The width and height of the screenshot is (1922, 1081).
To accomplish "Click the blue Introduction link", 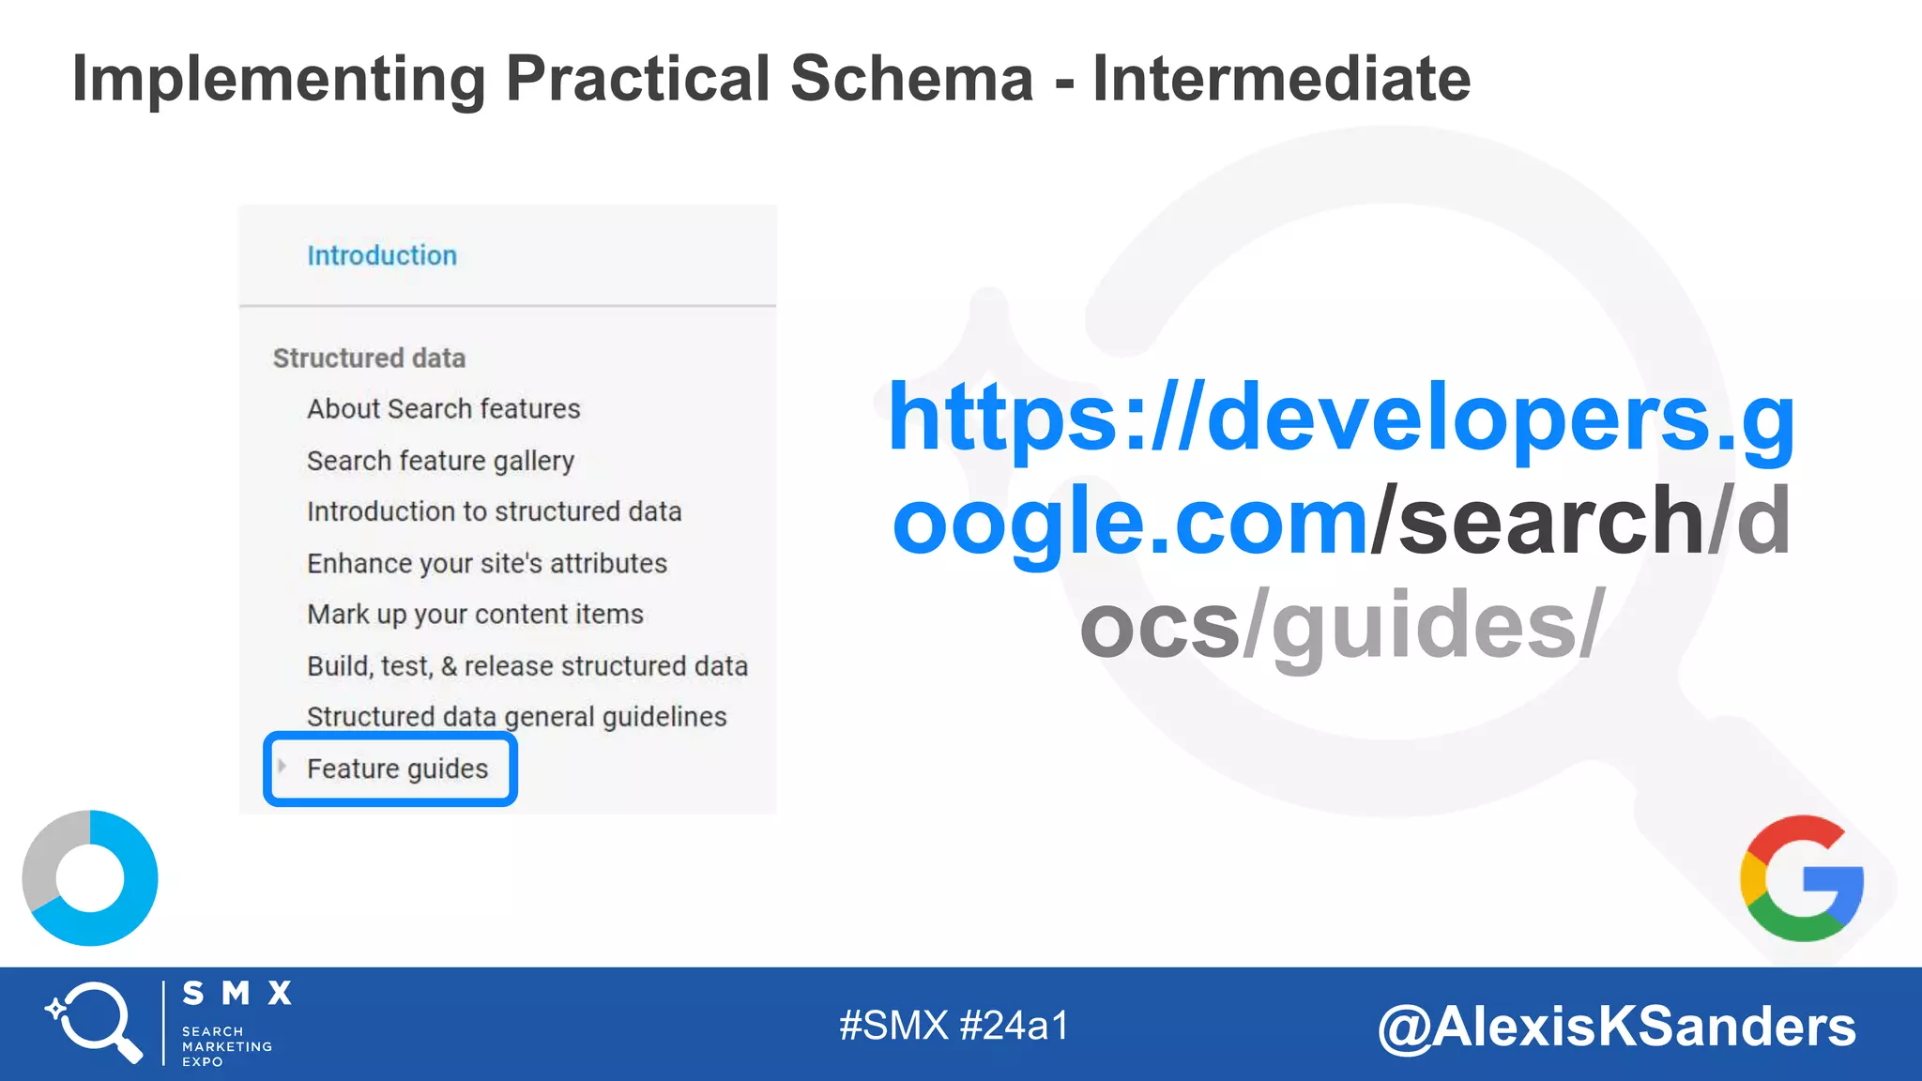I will point(382,255).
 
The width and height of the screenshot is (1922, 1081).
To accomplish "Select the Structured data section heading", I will point(369,358).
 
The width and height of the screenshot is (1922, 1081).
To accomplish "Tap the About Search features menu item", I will point(443,409).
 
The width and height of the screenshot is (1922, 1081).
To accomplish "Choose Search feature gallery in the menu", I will point(440,461).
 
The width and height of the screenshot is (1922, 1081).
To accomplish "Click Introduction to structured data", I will point(494,511).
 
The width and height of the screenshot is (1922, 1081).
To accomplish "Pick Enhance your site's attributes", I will point(486,563).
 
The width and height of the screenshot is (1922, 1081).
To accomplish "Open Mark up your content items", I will point(475,614).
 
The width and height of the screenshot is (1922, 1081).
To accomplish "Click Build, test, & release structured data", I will point(526,666).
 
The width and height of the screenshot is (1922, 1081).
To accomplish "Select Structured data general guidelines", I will point(516,717).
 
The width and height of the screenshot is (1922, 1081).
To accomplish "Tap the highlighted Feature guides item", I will point(397,769).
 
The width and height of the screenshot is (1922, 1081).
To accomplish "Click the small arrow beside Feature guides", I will point(282,766).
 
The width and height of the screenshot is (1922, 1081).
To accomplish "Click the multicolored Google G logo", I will point(1801,878).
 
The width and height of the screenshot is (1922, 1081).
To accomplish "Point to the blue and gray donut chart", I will point(90,878).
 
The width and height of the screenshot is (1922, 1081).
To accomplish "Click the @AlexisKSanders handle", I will point(1616,1027).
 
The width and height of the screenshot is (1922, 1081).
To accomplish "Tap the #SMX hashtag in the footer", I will point(893,1026).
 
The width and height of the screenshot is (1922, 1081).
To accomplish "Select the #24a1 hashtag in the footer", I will point(1014,1026).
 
